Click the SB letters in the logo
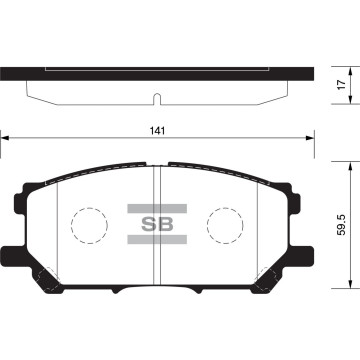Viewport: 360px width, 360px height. [x=160, y=224]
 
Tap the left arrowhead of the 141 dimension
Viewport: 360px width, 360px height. [x=5, y=140]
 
